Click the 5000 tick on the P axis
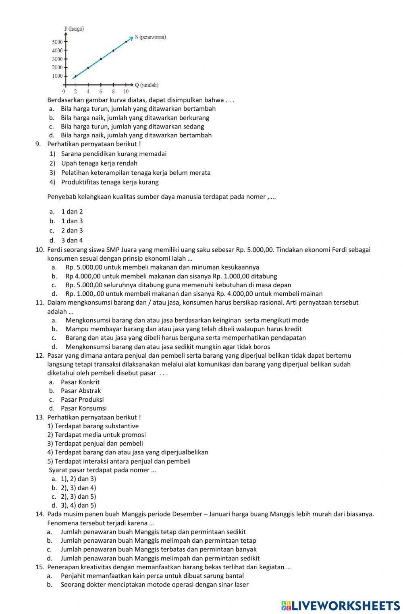pyautogui.click(x=57, y=42)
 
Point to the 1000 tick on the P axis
pyautogui.click(x=57, y=76)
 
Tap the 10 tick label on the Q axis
pyautogui.click(x=126, y=92)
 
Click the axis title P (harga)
pyautogui.click(x=74, y=29)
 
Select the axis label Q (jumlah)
pyautogui.click(x=146, y=85)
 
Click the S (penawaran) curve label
pyautogui.click(x=150, y=37)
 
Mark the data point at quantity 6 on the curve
pyautogui.click(x=101, y=59)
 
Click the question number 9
pyautogui.click(x=38, y=144)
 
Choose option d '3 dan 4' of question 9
pyautogui.click(x=72, y=241)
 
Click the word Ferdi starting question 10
pyautogui.click(x=56, y=250)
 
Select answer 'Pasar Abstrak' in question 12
pyautogui.click(x=81, y=391)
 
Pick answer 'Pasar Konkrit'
pyautogui.click(x=80, y=382)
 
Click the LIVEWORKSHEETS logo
pyautogui.click(x=340, y=605)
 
